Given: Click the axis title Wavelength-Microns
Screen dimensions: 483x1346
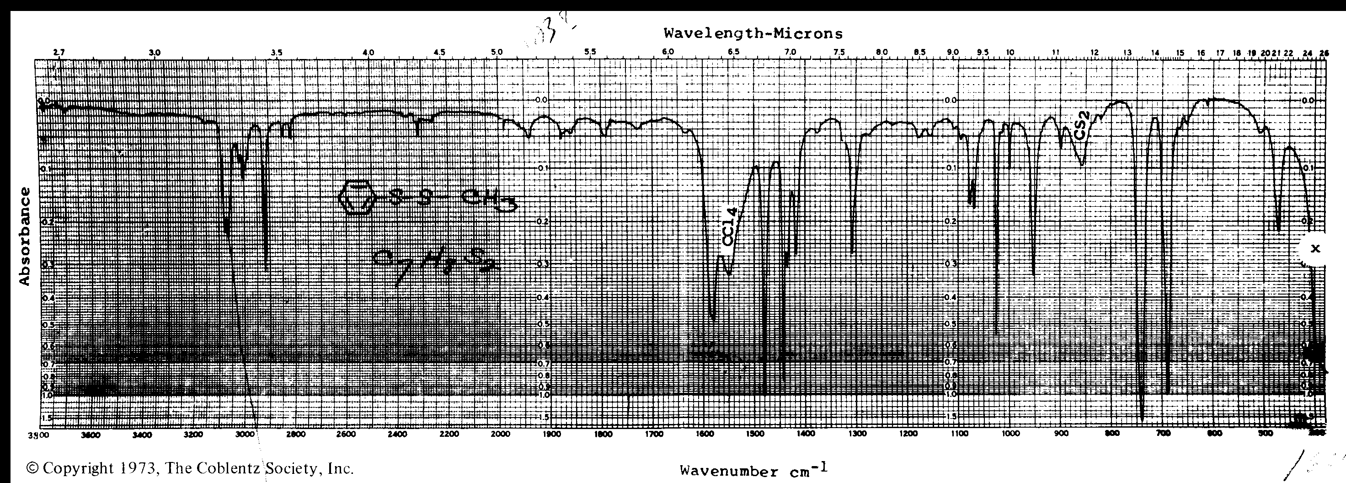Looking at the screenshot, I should coord(753,34).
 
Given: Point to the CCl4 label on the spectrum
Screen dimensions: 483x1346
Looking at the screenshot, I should coord(729,227).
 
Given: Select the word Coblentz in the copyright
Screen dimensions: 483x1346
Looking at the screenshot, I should coord(233,468).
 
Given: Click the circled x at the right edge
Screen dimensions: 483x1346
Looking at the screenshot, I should coord(1315,249).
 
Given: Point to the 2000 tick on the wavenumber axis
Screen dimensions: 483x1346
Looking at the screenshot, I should coord(501,434).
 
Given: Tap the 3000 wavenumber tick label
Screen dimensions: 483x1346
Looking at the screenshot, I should coord(245,434).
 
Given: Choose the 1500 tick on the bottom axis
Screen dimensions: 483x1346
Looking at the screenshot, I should coord(755,434).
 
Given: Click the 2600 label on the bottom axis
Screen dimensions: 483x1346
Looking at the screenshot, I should coord(347,434).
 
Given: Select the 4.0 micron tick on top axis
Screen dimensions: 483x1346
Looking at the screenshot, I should coord(369,52).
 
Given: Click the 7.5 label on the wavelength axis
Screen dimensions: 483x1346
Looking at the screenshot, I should coord(839,52).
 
